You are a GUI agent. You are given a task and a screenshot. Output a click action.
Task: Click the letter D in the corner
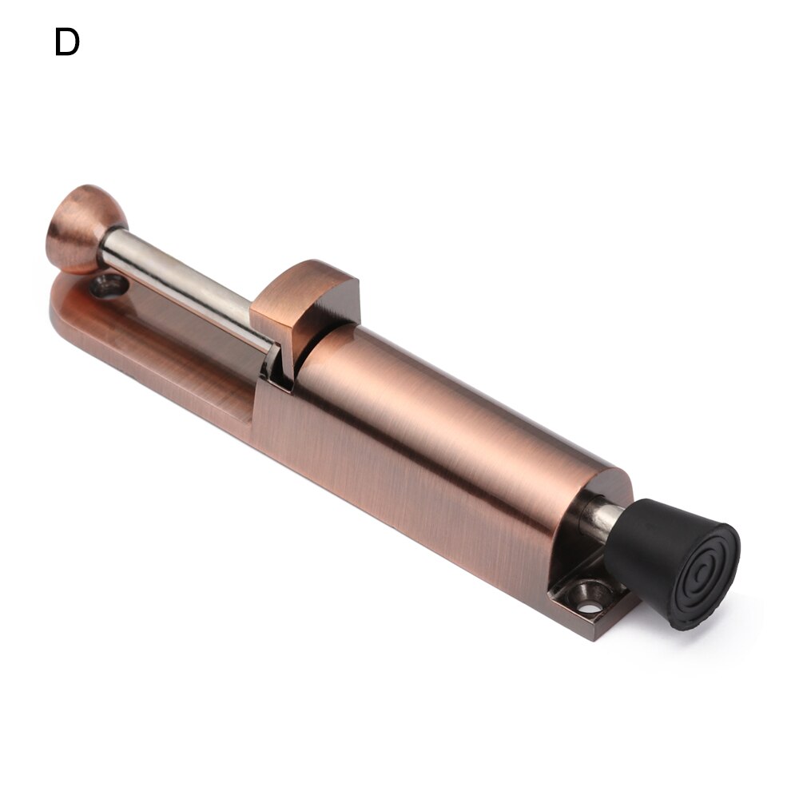[67, 42]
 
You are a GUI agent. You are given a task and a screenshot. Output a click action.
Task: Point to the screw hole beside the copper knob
[106, 284]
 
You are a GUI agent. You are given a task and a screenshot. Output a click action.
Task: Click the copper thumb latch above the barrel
[308, 300]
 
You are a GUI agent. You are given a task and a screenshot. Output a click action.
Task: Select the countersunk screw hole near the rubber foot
[589, 598]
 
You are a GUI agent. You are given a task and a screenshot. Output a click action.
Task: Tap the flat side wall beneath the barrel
[399, 495]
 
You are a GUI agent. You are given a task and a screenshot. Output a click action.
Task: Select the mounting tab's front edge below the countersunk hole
[591, 627]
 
